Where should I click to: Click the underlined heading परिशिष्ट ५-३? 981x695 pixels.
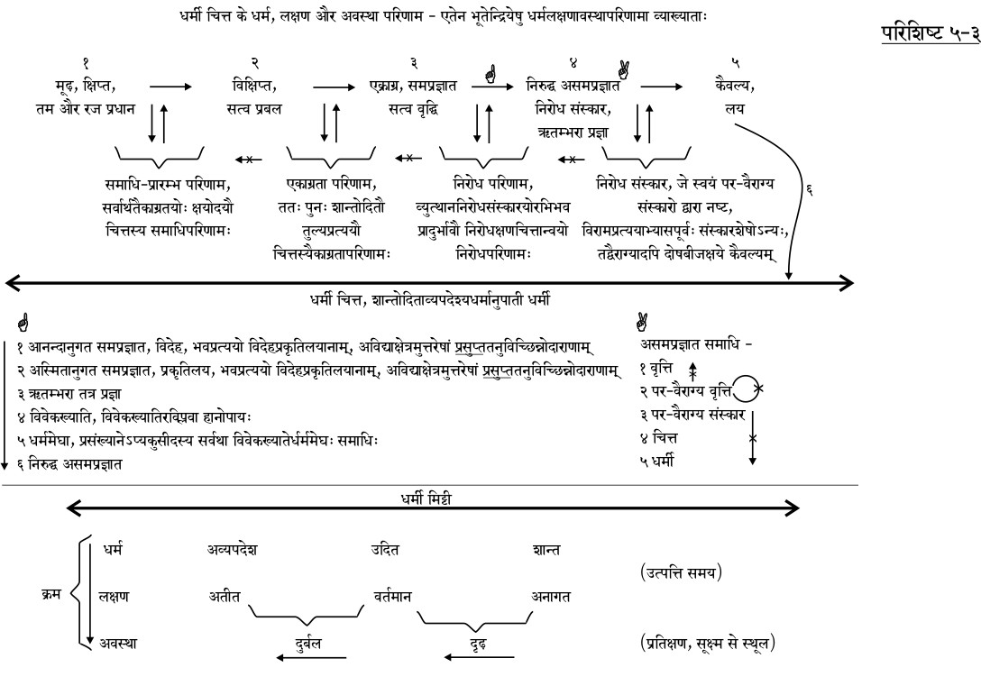tap(928, 34)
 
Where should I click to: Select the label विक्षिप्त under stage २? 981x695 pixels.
tap(253, 87)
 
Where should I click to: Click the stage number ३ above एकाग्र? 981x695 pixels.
tap(413, 65)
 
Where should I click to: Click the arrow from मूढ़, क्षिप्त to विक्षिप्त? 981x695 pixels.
tap(170, 87)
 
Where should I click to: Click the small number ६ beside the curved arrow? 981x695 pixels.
tap(810, 190)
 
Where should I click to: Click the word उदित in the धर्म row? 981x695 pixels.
tap(386, 549)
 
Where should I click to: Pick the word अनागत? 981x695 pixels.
tap(551, 596)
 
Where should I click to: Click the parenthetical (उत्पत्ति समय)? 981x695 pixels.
tap(682, 572)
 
